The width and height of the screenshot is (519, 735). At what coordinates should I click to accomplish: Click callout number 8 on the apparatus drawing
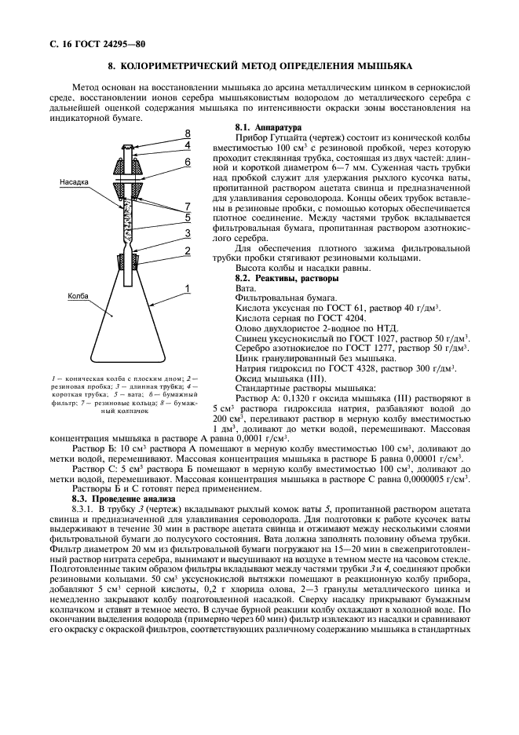[187, 133]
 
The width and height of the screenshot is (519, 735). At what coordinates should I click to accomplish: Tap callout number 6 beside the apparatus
[187, 162]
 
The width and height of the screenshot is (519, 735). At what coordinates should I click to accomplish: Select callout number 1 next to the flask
[187, 290]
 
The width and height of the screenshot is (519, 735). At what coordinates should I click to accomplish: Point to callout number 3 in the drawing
[187, 234]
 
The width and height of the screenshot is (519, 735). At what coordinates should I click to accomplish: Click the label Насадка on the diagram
[75, 181]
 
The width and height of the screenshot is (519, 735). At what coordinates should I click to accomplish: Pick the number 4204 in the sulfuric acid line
[354, 319]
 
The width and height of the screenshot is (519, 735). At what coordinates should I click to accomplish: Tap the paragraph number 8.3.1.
[85, 509]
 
